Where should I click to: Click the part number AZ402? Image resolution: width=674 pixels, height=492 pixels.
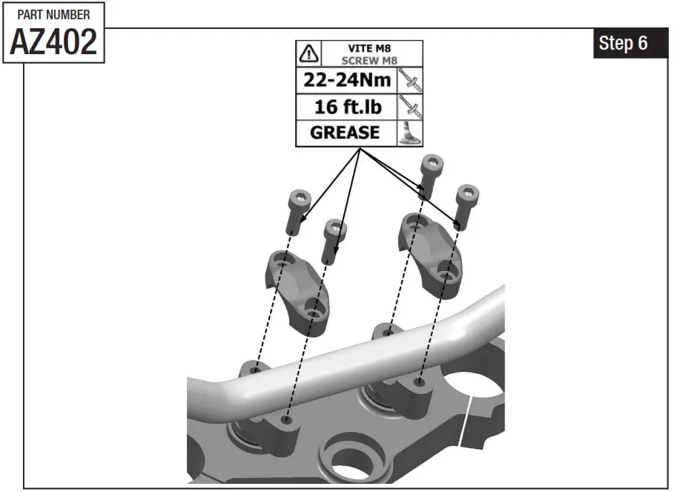53,43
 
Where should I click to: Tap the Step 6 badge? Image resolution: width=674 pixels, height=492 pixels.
623,44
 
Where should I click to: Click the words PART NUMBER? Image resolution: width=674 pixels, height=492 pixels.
53,15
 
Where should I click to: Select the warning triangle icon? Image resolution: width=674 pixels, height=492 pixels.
308,53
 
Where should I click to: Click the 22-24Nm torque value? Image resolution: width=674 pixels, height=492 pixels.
347,80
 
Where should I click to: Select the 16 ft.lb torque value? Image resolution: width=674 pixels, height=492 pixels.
347,107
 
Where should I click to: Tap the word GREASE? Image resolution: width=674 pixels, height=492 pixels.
345,133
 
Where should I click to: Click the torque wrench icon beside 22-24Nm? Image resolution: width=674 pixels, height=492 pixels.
410,80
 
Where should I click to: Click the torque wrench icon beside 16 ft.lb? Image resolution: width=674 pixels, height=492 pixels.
410,107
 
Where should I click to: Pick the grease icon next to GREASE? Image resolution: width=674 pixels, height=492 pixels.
410,133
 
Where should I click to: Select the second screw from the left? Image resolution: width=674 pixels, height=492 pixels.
334,239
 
